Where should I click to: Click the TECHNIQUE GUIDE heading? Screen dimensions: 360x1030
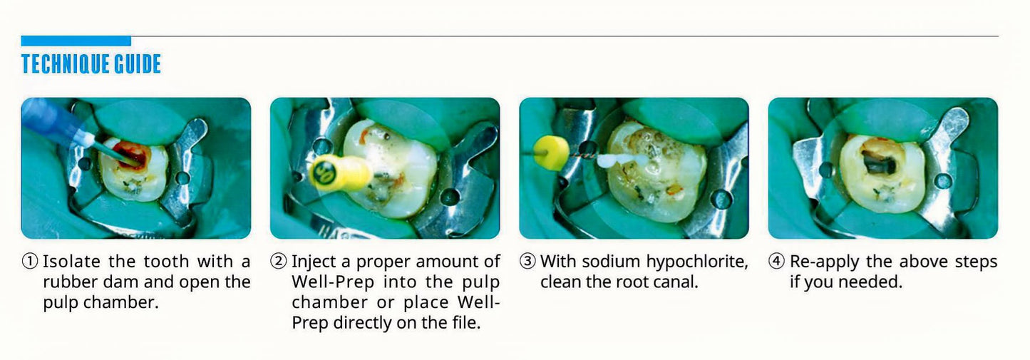point(91,64)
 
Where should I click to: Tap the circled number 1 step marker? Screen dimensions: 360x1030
point(30,262)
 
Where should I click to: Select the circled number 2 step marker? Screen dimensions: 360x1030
point(279,262)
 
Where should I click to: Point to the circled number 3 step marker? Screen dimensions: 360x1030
point(527,262)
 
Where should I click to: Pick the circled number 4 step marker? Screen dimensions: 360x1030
point(776,262)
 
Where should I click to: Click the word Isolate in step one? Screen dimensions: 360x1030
point(71,262)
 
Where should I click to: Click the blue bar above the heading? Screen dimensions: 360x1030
point(76,41)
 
